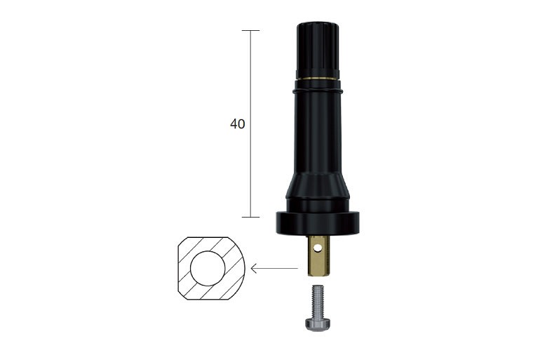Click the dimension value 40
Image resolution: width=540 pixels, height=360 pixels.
(238, 124)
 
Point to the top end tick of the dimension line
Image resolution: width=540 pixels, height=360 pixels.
(250, 31)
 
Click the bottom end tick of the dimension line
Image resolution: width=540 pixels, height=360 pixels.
(250, 217)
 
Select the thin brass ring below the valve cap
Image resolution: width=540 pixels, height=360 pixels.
(318, 78)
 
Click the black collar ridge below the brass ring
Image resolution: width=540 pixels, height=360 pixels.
(318, 90)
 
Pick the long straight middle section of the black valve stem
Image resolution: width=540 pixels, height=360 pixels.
(318, 133)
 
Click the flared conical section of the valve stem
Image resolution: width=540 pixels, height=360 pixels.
(318, 189)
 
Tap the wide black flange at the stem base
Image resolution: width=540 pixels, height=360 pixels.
(318, 223)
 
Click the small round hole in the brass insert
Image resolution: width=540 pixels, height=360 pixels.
(318, 247)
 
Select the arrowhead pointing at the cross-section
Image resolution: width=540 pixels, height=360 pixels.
(254, 268)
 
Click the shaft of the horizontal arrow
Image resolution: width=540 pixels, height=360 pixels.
(277, 268)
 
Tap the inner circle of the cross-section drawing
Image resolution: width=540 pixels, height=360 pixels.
(208, 268)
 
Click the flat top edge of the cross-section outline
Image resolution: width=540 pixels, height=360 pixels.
(208, 238)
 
